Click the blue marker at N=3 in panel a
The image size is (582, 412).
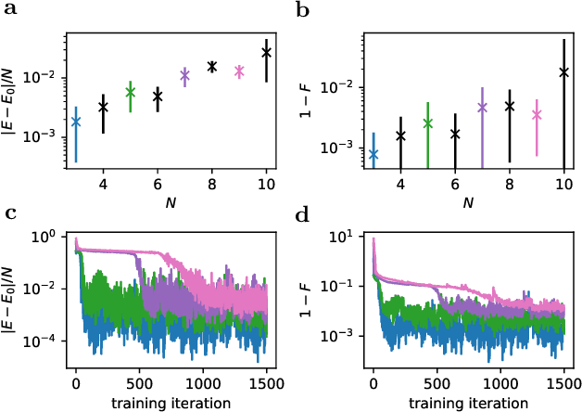click(x=76, y=122)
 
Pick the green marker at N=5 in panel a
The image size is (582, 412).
click(x=131, y=91)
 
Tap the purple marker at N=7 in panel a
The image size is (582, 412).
click(x=184, y=75)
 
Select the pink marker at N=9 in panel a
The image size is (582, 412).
click(x=239, y=71)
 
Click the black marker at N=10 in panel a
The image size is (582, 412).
click(x=267, y=53)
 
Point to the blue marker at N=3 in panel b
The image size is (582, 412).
click(x=373, y=154)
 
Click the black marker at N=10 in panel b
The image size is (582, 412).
click(x=563, y=71)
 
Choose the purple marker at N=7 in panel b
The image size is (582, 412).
click(x=482, y=108)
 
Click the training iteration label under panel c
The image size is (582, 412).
click(x=171, y=404)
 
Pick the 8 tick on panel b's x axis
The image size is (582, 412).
click(x=509, y=186)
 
